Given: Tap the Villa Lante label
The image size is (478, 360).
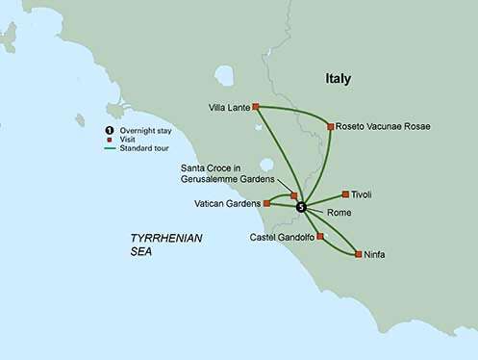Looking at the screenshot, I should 228,107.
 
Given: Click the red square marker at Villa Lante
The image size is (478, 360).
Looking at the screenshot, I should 256,107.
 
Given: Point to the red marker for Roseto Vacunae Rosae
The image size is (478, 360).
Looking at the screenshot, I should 330,126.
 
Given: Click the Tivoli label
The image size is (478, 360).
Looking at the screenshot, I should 362,194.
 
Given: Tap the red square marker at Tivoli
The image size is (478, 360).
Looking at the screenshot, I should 345,194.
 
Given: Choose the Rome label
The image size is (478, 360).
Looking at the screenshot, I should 340,212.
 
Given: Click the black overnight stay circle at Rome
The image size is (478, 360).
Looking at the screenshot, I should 301,207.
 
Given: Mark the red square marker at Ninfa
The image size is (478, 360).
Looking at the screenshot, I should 358,255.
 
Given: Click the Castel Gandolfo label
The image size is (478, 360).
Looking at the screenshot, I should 282,237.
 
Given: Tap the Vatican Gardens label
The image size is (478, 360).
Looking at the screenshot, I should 229,204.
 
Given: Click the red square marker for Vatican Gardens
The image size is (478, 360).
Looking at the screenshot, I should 266,204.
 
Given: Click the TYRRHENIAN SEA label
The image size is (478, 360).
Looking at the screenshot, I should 166,244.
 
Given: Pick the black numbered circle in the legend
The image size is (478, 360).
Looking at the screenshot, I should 108,130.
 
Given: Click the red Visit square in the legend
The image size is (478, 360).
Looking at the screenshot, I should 108,139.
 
